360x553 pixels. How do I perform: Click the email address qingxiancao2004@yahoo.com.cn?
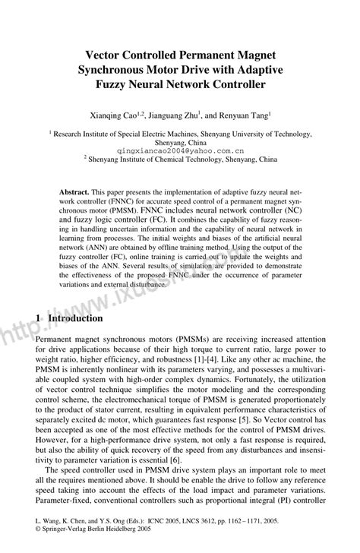coord(180,151)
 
